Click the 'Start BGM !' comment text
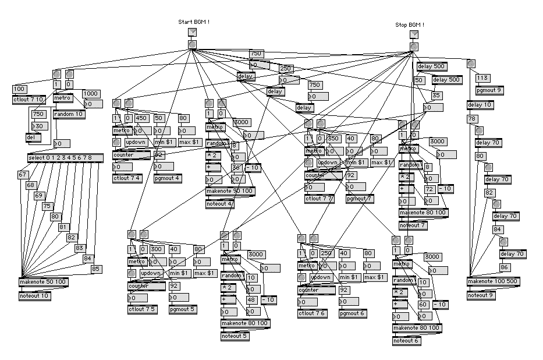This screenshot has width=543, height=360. (193, 22)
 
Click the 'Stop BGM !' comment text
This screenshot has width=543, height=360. (410, 24)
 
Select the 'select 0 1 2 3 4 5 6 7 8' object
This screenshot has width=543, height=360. (65, 158)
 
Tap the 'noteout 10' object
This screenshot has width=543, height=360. (34, 295)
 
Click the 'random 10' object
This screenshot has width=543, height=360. (69, 114)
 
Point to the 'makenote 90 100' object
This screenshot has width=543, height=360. (230, 191)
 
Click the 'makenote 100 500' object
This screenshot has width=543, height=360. (492, 282)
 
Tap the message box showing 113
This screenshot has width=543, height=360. (482, 78)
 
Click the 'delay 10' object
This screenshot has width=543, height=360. (480, 105)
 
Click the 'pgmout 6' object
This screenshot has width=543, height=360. (353, 313)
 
